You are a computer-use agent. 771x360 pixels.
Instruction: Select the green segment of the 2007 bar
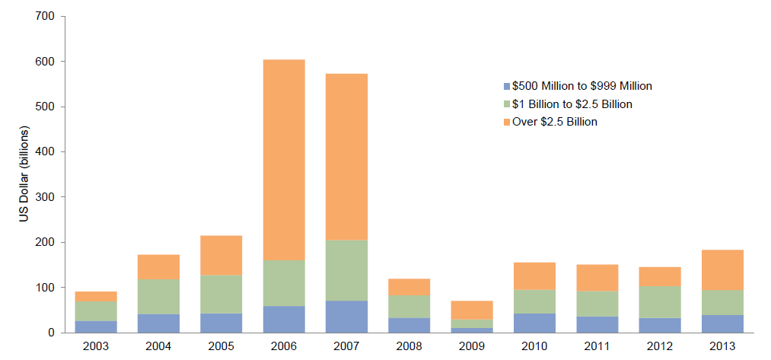[346, 270]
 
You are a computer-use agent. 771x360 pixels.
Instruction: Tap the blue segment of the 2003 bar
[96, 327]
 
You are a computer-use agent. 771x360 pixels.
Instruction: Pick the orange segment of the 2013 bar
[722, 270]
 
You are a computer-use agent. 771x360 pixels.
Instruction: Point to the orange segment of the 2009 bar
[472, 310]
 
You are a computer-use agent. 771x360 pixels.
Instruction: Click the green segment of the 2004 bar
[158, 297]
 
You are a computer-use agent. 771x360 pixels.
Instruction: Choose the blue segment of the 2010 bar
[534, 323]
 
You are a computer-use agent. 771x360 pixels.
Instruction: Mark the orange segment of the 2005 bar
[221, 255]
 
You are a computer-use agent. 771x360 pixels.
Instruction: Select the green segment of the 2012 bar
[660, 301]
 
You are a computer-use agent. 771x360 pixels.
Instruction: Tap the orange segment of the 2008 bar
[409, 286]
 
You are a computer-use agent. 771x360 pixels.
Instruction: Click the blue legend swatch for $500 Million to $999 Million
[507, 86]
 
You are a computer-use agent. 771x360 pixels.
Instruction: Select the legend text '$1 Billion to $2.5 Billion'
[572, 104]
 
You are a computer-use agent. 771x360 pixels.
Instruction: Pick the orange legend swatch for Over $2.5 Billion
[507, 122]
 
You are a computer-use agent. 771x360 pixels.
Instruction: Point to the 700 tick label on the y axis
[45, 16]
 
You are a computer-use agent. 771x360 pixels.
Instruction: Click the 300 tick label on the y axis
[45, 197]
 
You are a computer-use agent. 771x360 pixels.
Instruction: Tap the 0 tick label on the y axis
[50, 333]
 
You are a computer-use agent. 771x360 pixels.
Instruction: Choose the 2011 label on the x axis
[597, 347]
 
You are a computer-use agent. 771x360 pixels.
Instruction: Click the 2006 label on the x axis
[284, 347]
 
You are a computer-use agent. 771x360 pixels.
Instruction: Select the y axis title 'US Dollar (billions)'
[24, 174]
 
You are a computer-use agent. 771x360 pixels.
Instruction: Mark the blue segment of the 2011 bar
[597, 324]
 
